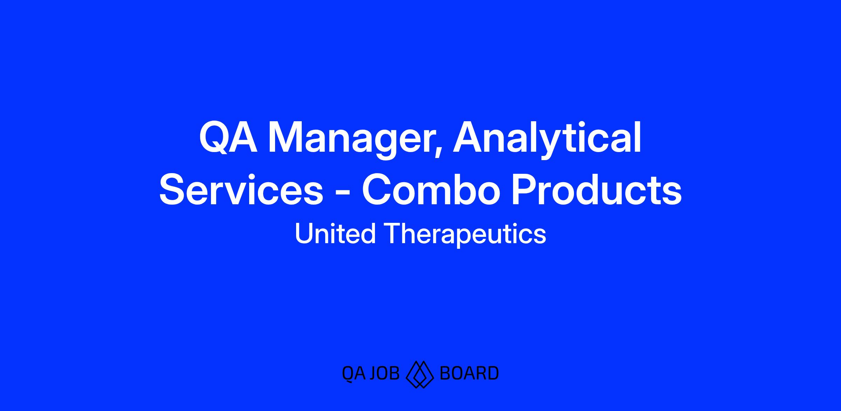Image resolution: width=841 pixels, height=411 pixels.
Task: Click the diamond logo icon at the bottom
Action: tap(420, 374)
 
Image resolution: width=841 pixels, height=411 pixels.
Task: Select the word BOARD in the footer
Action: tap(469, 373)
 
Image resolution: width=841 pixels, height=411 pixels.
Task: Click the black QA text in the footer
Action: tap(354, 374)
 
